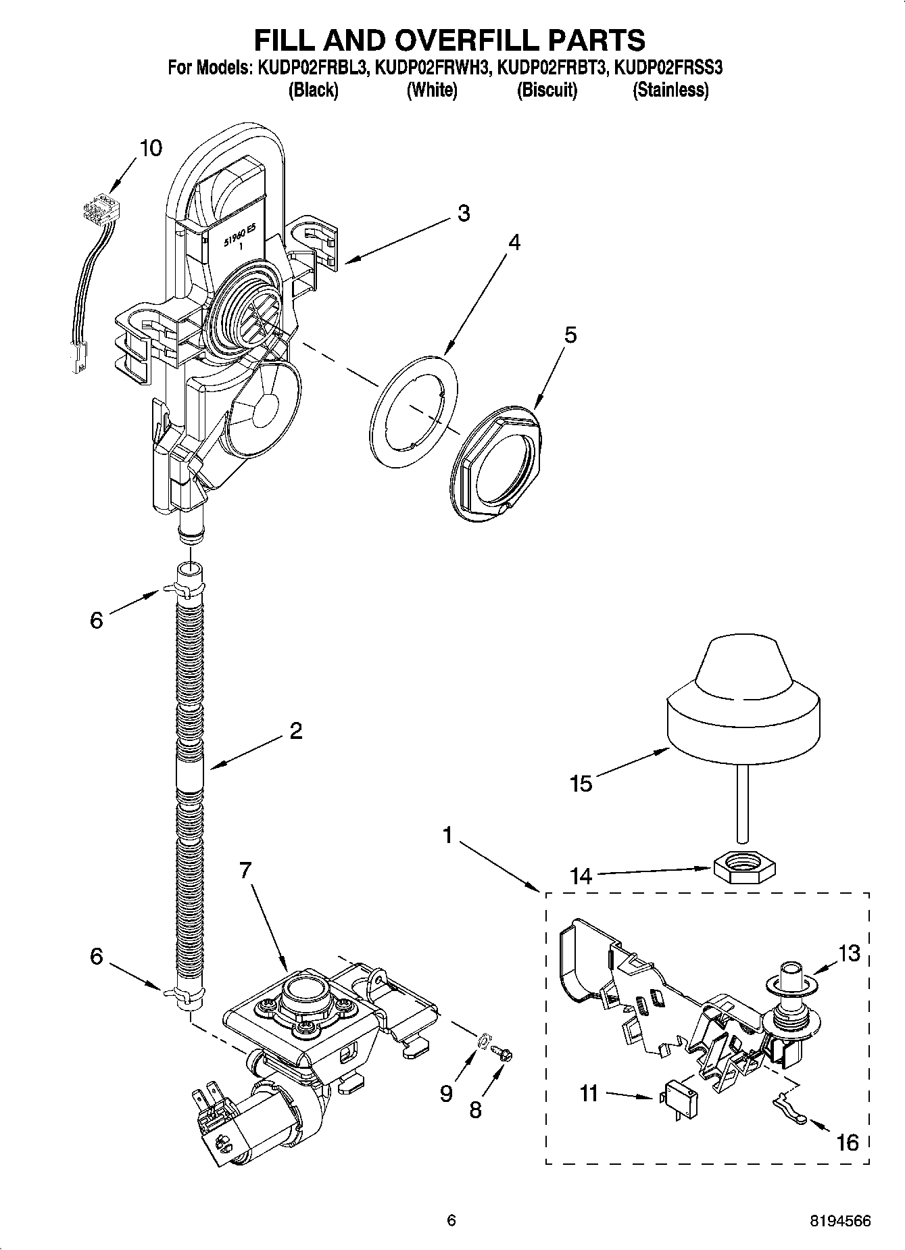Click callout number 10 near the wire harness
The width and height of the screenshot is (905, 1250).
coord(151,148)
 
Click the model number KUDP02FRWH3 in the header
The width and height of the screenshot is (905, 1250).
coord(431,68)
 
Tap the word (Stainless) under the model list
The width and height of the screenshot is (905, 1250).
coord(670,90)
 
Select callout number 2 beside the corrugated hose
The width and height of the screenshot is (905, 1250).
coord(295,731)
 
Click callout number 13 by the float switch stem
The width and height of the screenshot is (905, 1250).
coord(849,953)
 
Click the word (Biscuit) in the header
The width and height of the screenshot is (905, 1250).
coord(547,90)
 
